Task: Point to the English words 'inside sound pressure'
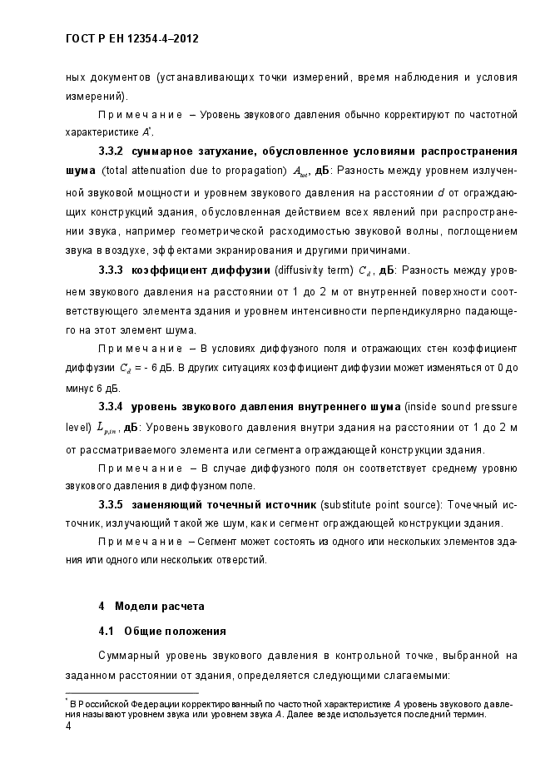[x=461, y=406]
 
